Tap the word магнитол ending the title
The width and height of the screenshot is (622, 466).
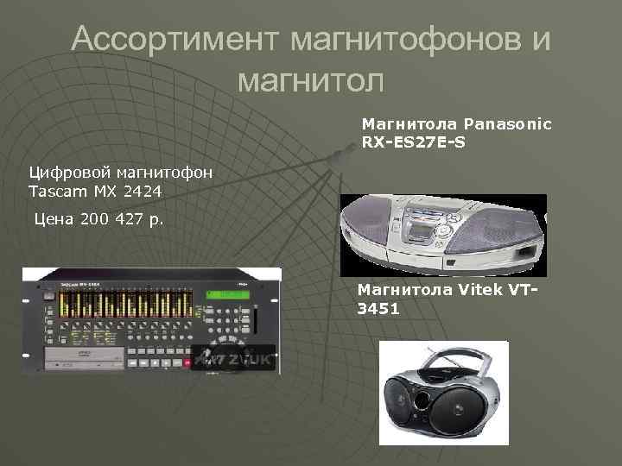[309, 79]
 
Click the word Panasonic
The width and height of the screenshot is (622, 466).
[507, 124]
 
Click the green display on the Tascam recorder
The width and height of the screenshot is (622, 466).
[228, 295]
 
